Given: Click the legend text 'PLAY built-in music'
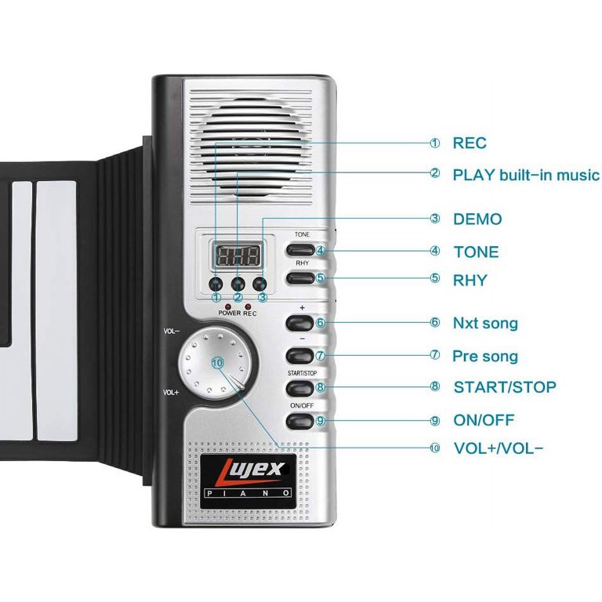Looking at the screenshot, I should (526, 175).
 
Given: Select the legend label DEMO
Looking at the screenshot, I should (477, 219).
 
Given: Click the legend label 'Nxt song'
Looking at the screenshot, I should (485, 323).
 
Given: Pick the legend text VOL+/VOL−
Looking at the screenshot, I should (499, 448).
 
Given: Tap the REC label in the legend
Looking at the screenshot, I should (470, 143).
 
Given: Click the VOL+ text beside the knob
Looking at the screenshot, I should (172, 392).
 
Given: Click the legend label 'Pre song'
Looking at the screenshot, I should (485, 356).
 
